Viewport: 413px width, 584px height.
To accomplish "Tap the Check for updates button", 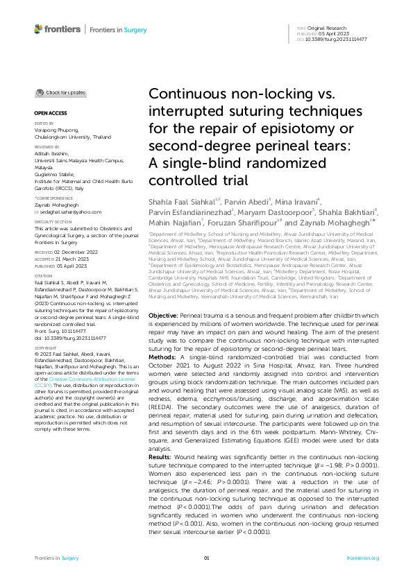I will pyautogui.click(x=61, y=92).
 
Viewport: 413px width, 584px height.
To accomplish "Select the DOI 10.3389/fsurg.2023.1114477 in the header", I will pyautogui.click(x=342, y=40).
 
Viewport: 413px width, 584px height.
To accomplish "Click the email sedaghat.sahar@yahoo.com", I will pyautogui.click(x=71, y=212).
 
